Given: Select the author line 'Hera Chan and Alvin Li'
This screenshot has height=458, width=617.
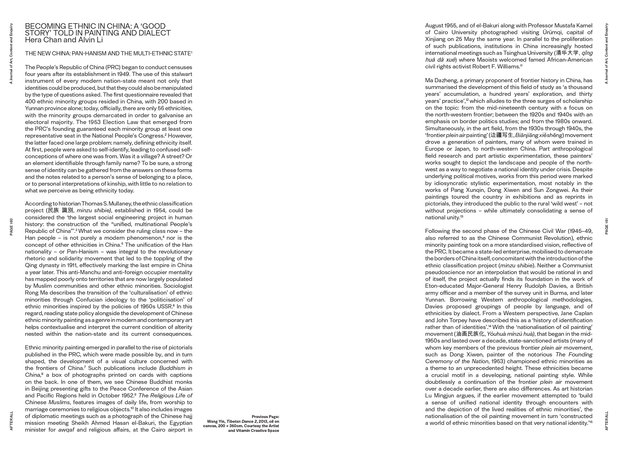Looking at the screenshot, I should (x=64, y=40).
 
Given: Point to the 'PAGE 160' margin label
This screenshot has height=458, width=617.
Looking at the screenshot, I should (x=11, y=227).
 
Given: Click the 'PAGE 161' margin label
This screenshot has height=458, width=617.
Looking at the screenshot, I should (x=607, y=226).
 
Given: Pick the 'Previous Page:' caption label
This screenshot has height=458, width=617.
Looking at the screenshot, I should (x=265, y=417).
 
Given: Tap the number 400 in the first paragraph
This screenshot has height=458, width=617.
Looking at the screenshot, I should (x=31, y=102).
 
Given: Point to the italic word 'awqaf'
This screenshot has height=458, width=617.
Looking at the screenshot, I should (x=66, y=430).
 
